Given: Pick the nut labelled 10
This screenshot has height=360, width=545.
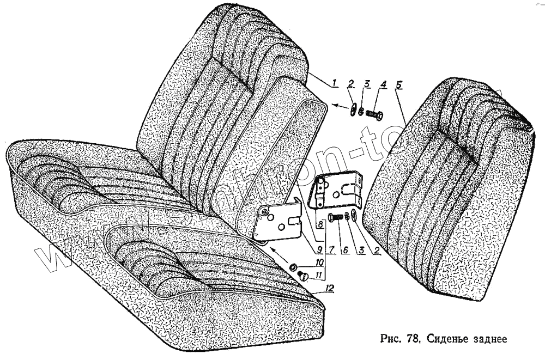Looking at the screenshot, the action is pyautogui.click(x=292, y=267).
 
